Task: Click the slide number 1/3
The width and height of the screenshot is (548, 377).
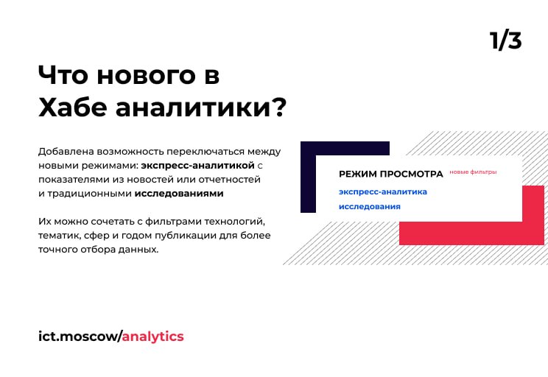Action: pyautogui.click(x=505, y=40)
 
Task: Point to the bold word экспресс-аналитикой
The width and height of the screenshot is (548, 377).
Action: pyautogui.click(x=198, y=165)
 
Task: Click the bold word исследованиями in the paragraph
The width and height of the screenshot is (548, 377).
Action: pyautogui.click(x=179, y=193)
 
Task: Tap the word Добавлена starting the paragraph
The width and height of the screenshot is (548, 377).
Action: pyautogui.click(x=66, y=152)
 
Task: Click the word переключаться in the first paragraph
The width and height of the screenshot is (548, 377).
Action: pyautogui.click(x=205, y=152)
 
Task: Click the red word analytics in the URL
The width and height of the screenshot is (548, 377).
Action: pyautogui.click(x=152, y=337)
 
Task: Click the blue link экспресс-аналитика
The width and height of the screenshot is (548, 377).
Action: pyautogui.click(x=383, y=192)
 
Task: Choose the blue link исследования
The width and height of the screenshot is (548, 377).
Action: pyautogui.click(x=370, y=206)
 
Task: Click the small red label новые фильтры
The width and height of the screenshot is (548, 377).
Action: pyautogui.click(x=473, y=172)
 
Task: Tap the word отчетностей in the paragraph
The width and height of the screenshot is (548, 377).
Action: pyautogui.click(x=230, y=180)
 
